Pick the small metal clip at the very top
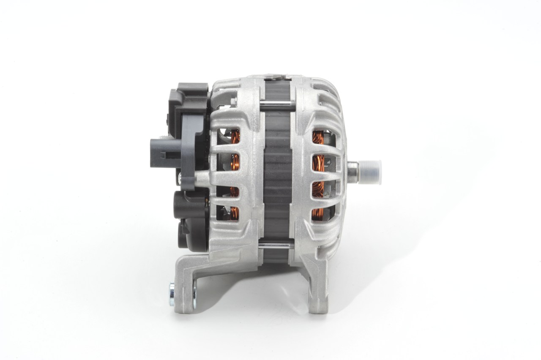277,77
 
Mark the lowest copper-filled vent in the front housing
318,213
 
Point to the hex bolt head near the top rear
233,101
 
